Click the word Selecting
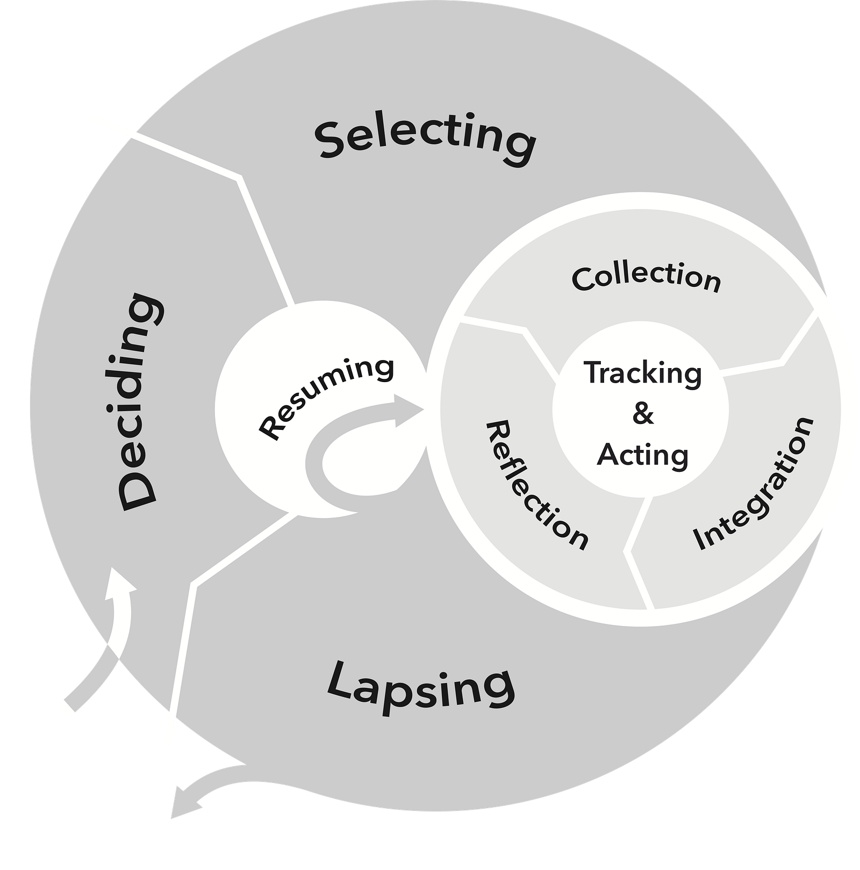[x=425, y=137]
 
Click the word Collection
[x=646, y=278]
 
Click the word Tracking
[x=643, y=373]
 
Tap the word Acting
[x=643, y=455]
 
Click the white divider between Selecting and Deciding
[x=236, y=177]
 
